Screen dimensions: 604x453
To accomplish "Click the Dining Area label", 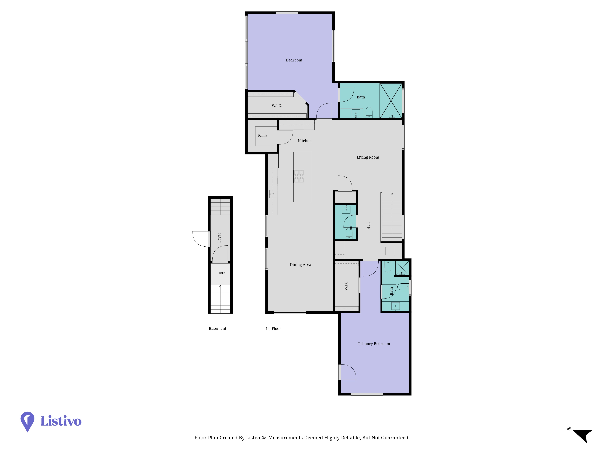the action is pyautogui.click(x=300, y=265).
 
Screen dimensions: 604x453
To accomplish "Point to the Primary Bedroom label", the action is pyautogui.click(x=374, y=344).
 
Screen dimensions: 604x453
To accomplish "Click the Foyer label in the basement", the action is pyautogui.click(x=219, y=238).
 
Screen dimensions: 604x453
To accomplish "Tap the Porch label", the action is pyautogui.click(x=221, y=273).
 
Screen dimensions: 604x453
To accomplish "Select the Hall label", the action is pyautogui.click(x=368, y=226).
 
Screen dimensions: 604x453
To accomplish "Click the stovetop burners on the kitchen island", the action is pyautogui.click(x=299, y=176).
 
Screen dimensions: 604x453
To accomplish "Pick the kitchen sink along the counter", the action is pyautogui.click(x=273, y=194).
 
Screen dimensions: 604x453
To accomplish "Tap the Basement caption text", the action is pyautogui.click(x=217, y=328).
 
